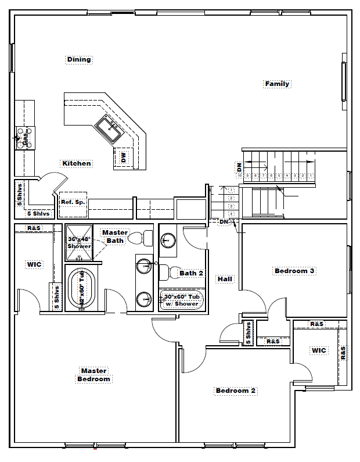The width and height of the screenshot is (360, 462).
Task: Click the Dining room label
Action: pyautogui.click(x=79, y=59)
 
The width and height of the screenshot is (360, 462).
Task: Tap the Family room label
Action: pyautogui.click(x=277, y=84)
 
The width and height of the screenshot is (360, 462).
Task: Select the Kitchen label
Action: pyautogui.click(x=77, y=163)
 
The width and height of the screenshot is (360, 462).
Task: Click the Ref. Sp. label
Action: pyautogui.click(x=73, y=202)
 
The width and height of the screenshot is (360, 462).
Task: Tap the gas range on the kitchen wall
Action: pyautogui.click(x=25, y=138)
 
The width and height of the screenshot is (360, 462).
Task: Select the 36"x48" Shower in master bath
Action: pyautogui.click(x=79, y=242)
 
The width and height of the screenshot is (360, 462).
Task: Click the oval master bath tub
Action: pyautogui.click(x=80, y=289)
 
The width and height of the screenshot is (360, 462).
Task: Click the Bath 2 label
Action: pyautogui.click(x=191, y=273)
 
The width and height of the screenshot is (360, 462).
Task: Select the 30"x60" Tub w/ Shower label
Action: pyautogui.click(x=182, y=300)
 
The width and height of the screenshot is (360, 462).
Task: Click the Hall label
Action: pyautogui.click(x=225, y=279)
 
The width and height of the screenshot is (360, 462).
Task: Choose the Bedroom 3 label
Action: pyautogui.click(x=294, y=271)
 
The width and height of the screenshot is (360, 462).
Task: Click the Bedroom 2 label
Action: pyautogui.click(x=236, y=391)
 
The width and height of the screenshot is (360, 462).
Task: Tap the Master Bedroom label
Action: pyautogui.click(x=93, y=375)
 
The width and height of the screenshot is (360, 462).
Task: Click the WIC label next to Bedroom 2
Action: pyautogui.click(x=319, y=350)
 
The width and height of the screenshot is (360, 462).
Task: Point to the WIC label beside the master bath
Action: pyautogui.click(x=34, y=264)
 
